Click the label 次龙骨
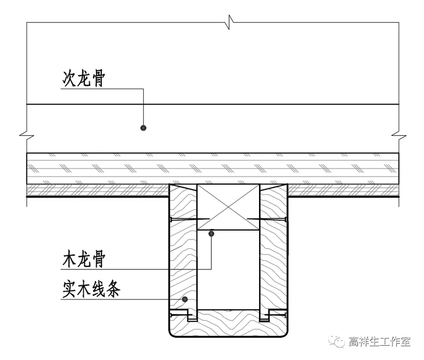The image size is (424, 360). coord(84,80)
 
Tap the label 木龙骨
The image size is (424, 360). coord(84,260)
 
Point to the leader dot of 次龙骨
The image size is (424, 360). coord(143,128)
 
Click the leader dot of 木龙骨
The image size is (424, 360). coord(211,233)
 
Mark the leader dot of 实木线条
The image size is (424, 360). coord(184,299)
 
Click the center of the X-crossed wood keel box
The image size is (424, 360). coord(228,207)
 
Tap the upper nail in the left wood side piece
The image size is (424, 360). coord(184,219)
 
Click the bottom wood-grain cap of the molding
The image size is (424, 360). coord(228,324)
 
